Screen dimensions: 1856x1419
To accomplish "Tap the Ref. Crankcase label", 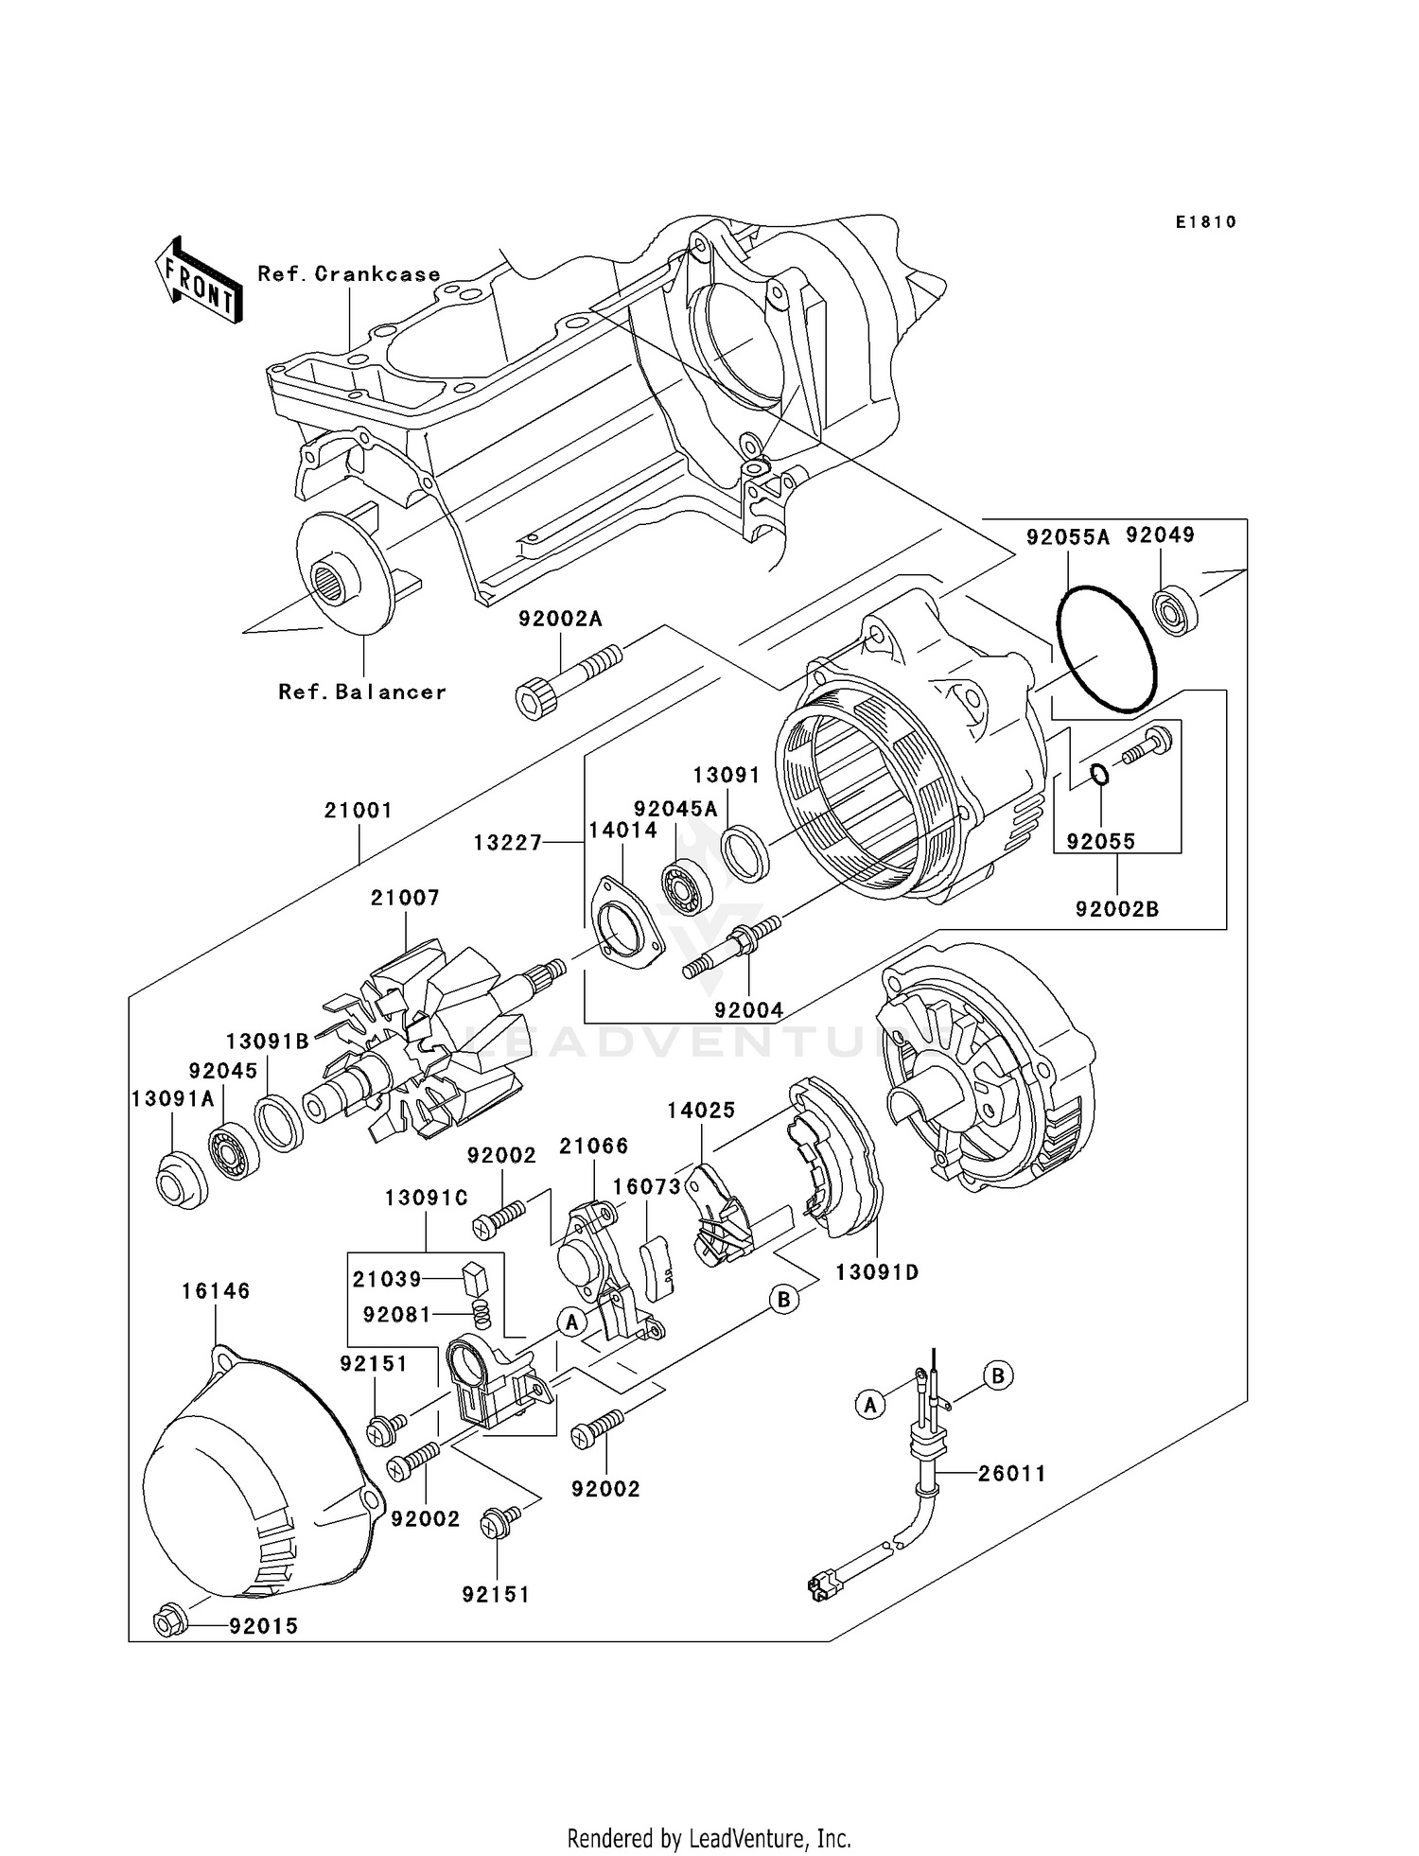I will (x=349, y=274).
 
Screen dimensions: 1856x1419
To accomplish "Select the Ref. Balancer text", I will (x=362, y=692).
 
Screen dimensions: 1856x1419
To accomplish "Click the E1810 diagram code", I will (x=1206, y=222).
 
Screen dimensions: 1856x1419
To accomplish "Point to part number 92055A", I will (x=1068, y=537).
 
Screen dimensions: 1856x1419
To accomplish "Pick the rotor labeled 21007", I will (x=426, y=1041).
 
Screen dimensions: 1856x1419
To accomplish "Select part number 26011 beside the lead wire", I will (x=1011, y=1473).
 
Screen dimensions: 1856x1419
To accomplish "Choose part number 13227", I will (x=507, y=841).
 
